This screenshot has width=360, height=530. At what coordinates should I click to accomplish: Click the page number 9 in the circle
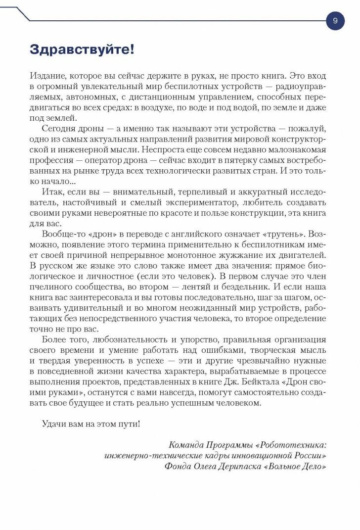(x=335, y=21)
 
